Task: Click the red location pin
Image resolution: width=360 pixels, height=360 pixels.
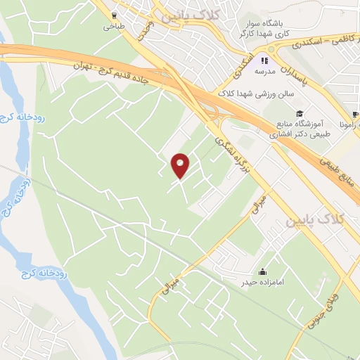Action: point(181,165)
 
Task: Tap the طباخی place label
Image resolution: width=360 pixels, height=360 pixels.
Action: point(112,27)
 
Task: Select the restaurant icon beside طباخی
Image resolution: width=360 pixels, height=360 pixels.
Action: point(113,15)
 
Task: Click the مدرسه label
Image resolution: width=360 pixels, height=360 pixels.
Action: point(264,72)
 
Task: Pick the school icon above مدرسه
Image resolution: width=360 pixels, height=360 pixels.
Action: point(264,60)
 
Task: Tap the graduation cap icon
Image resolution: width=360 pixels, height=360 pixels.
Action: point(300,113)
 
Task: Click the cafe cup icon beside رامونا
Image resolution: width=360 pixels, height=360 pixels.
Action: point(356,113)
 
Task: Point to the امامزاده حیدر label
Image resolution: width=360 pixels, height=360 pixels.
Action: point(263,283)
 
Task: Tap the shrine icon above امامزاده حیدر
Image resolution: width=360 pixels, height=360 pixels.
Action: point(263,271)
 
